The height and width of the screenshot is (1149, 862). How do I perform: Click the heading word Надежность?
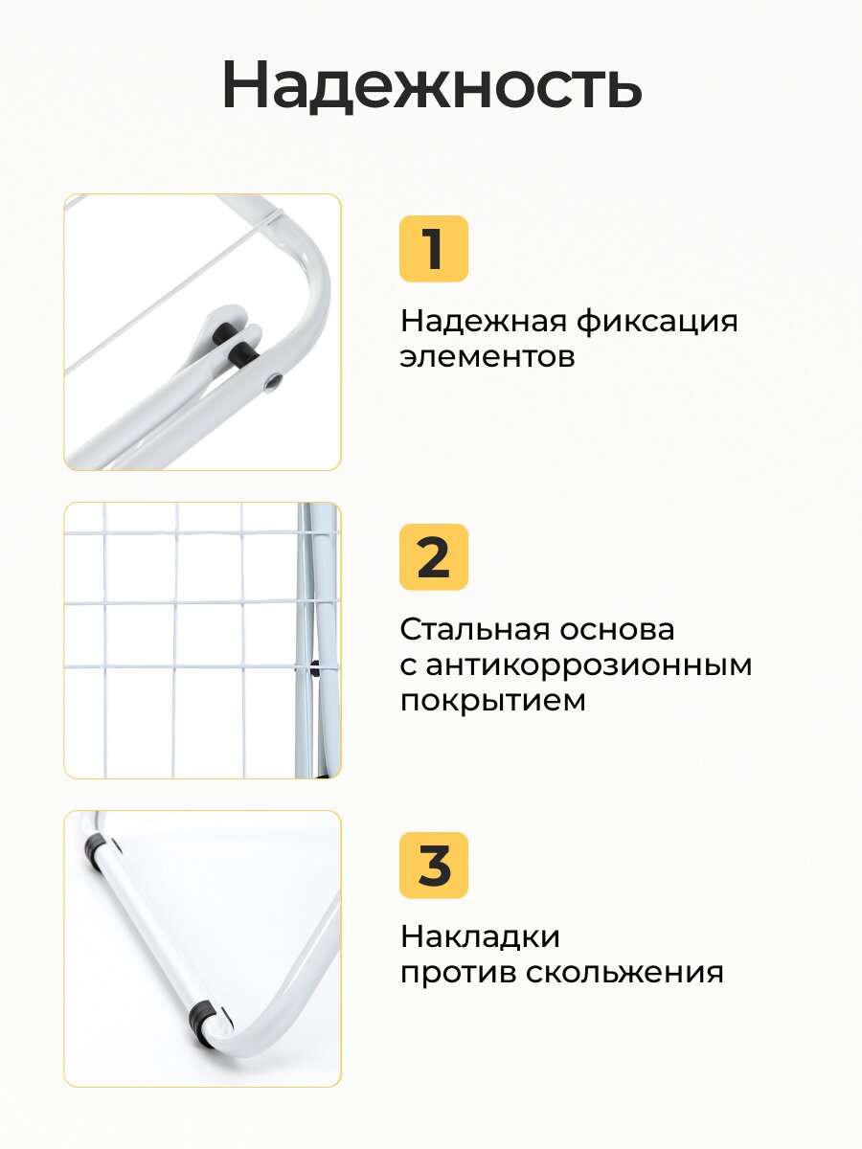(x=432, y=85)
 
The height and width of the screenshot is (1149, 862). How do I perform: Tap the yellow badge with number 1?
(x=433, y=249)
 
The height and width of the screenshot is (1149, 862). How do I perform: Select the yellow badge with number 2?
(x=433, y=557)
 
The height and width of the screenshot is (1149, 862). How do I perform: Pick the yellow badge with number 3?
(x=433, y=866)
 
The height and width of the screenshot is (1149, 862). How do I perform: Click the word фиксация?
(x=657, y=322)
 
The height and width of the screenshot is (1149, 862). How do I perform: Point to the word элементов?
(x=488, y=358)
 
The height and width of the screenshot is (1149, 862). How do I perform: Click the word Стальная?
(x=474, y=629)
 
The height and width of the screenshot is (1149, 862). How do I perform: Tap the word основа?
(x=617, y=630)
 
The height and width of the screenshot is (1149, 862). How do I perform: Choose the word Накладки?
(x=480, y=937)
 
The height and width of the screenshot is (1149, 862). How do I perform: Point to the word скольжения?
(x=624, y=973)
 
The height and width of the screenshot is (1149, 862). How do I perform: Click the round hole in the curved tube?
(x=272, y=383)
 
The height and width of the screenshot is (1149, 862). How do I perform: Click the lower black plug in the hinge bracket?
(x=245, y=352)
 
